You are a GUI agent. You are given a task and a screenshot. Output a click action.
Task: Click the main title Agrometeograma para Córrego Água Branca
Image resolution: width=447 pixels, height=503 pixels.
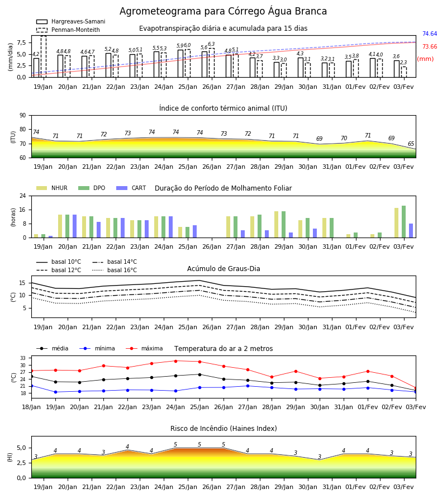(x=223, y=11)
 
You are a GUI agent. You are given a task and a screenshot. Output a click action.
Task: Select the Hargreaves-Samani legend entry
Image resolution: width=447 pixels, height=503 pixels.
(x=71, y=21)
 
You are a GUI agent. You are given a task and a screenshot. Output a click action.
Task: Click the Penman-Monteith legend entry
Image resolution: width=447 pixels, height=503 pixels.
(x=68, y=30)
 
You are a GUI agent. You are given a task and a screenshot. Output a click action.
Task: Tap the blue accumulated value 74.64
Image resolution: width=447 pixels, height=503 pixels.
(x=430, y=34)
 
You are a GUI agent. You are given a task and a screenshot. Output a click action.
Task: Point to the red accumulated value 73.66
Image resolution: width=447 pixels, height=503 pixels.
(x=430, y=46)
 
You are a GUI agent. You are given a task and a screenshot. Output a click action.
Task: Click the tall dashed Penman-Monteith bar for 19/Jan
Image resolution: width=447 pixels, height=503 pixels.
(x=44, y=56)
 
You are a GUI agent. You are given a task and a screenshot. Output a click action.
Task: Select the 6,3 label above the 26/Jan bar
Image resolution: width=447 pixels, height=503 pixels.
(x=211, y=44)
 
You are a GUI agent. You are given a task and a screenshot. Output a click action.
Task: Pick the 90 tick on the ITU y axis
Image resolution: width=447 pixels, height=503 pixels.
(x=23, y=116)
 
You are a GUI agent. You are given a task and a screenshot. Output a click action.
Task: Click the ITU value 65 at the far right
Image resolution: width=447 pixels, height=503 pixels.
(x=411, y=144)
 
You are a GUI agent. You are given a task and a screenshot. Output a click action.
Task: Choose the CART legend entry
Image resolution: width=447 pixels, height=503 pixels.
(x=131, y=188)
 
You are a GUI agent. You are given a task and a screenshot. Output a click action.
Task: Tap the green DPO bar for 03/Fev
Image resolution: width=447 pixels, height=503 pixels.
(x=404, y=222)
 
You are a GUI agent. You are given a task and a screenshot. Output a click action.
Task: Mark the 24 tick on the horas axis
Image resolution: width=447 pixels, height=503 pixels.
(x=23, y=196)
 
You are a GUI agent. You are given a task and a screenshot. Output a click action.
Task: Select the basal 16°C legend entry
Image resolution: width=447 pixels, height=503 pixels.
(x=115, y=270)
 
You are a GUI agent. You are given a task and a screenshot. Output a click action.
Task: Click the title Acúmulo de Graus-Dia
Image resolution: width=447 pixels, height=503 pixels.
(x=223, y=268)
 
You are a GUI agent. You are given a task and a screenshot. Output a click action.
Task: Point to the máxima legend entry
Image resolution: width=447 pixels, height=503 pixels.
(x=144, y=348)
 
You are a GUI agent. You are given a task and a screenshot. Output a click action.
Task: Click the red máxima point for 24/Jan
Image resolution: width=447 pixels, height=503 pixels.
(x=175, y=361)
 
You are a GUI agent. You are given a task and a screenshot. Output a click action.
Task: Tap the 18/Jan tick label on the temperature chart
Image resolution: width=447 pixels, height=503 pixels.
(x=31, y=407)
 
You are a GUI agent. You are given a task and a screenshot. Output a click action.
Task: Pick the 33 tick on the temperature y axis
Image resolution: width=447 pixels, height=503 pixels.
(x=23, y=358)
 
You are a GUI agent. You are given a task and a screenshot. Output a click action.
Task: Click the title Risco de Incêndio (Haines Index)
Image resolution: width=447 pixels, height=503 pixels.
(x=223, y=429)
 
